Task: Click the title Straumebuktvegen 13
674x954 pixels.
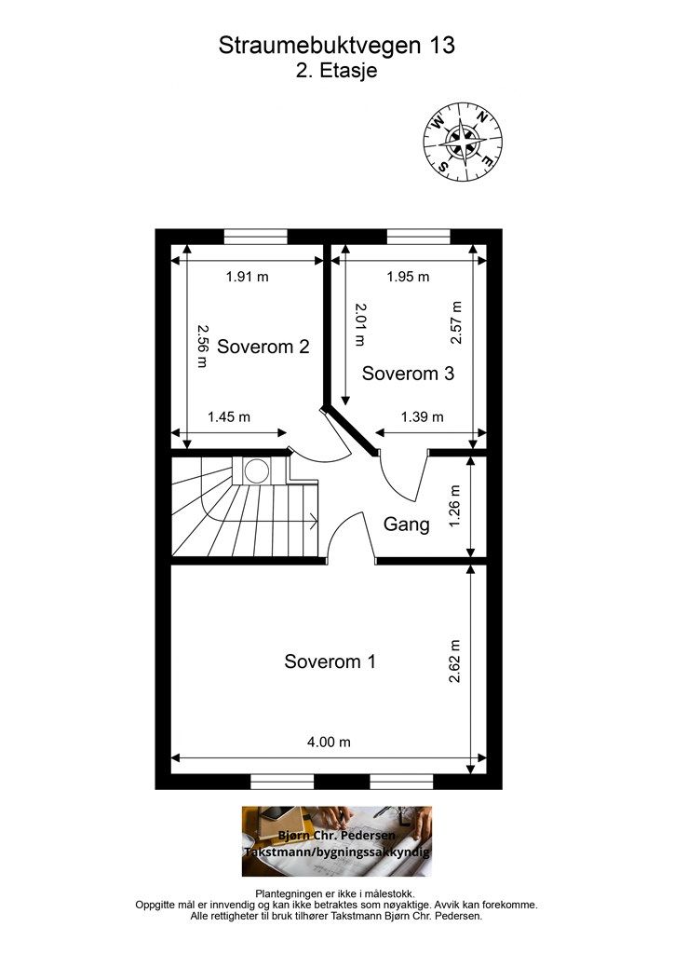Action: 337,46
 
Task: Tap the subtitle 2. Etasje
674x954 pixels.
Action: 337,71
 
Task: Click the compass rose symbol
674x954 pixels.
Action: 463,143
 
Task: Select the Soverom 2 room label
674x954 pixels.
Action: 263,347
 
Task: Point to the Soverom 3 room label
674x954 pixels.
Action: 408,373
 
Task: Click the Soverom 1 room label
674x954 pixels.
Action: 330,661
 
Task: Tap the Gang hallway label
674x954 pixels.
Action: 407,525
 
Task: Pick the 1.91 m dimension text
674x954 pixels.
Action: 248,277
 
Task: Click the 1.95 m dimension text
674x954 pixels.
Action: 409,277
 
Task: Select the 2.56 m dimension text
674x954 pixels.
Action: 202,346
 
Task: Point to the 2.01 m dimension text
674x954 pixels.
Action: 360,324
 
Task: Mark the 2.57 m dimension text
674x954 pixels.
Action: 456,322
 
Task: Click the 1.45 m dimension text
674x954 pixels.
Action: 229,417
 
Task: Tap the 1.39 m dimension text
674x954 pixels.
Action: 423,417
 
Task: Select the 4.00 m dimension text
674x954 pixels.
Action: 329,743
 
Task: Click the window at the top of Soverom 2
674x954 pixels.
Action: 256,237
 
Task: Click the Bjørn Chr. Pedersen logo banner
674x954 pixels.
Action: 337,841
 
